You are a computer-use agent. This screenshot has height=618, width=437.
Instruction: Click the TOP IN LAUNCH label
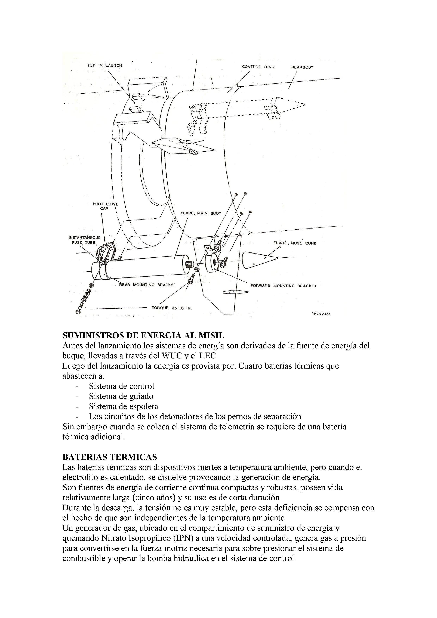[x=104, y=65]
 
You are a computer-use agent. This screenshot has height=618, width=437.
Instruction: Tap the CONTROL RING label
[x=258, y=67]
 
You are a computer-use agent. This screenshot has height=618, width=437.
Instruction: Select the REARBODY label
[x=302, y=67]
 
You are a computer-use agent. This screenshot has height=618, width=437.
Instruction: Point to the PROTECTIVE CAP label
[x=105, y=206]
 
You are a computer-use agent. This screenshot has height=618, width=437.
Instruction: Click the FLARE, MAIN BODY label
[x=201, y=213]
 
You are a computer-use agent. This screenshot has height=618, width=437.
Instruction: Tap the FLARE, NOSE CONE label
[x=295, y=243]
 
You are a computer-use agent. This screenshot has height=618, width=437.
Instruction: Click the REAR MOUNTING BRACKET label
[x=147, y=285]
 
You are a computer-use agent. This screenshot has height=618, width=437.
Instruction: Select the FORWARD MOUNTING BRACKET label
[x=283, y=286]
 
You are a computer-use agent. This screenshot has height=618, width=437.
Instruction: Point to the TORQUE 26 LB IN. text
[x=171, y=308]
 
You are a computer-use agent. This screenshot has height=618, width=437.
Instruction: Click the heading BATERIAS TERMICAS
[x=110, y=457]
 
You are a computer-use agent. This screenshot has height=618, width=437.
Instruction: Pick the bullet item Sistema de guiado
[x=121, y=396]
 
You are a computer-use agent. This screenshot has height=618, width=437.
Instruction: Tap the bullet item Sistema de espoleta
[x=124, y=406]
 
